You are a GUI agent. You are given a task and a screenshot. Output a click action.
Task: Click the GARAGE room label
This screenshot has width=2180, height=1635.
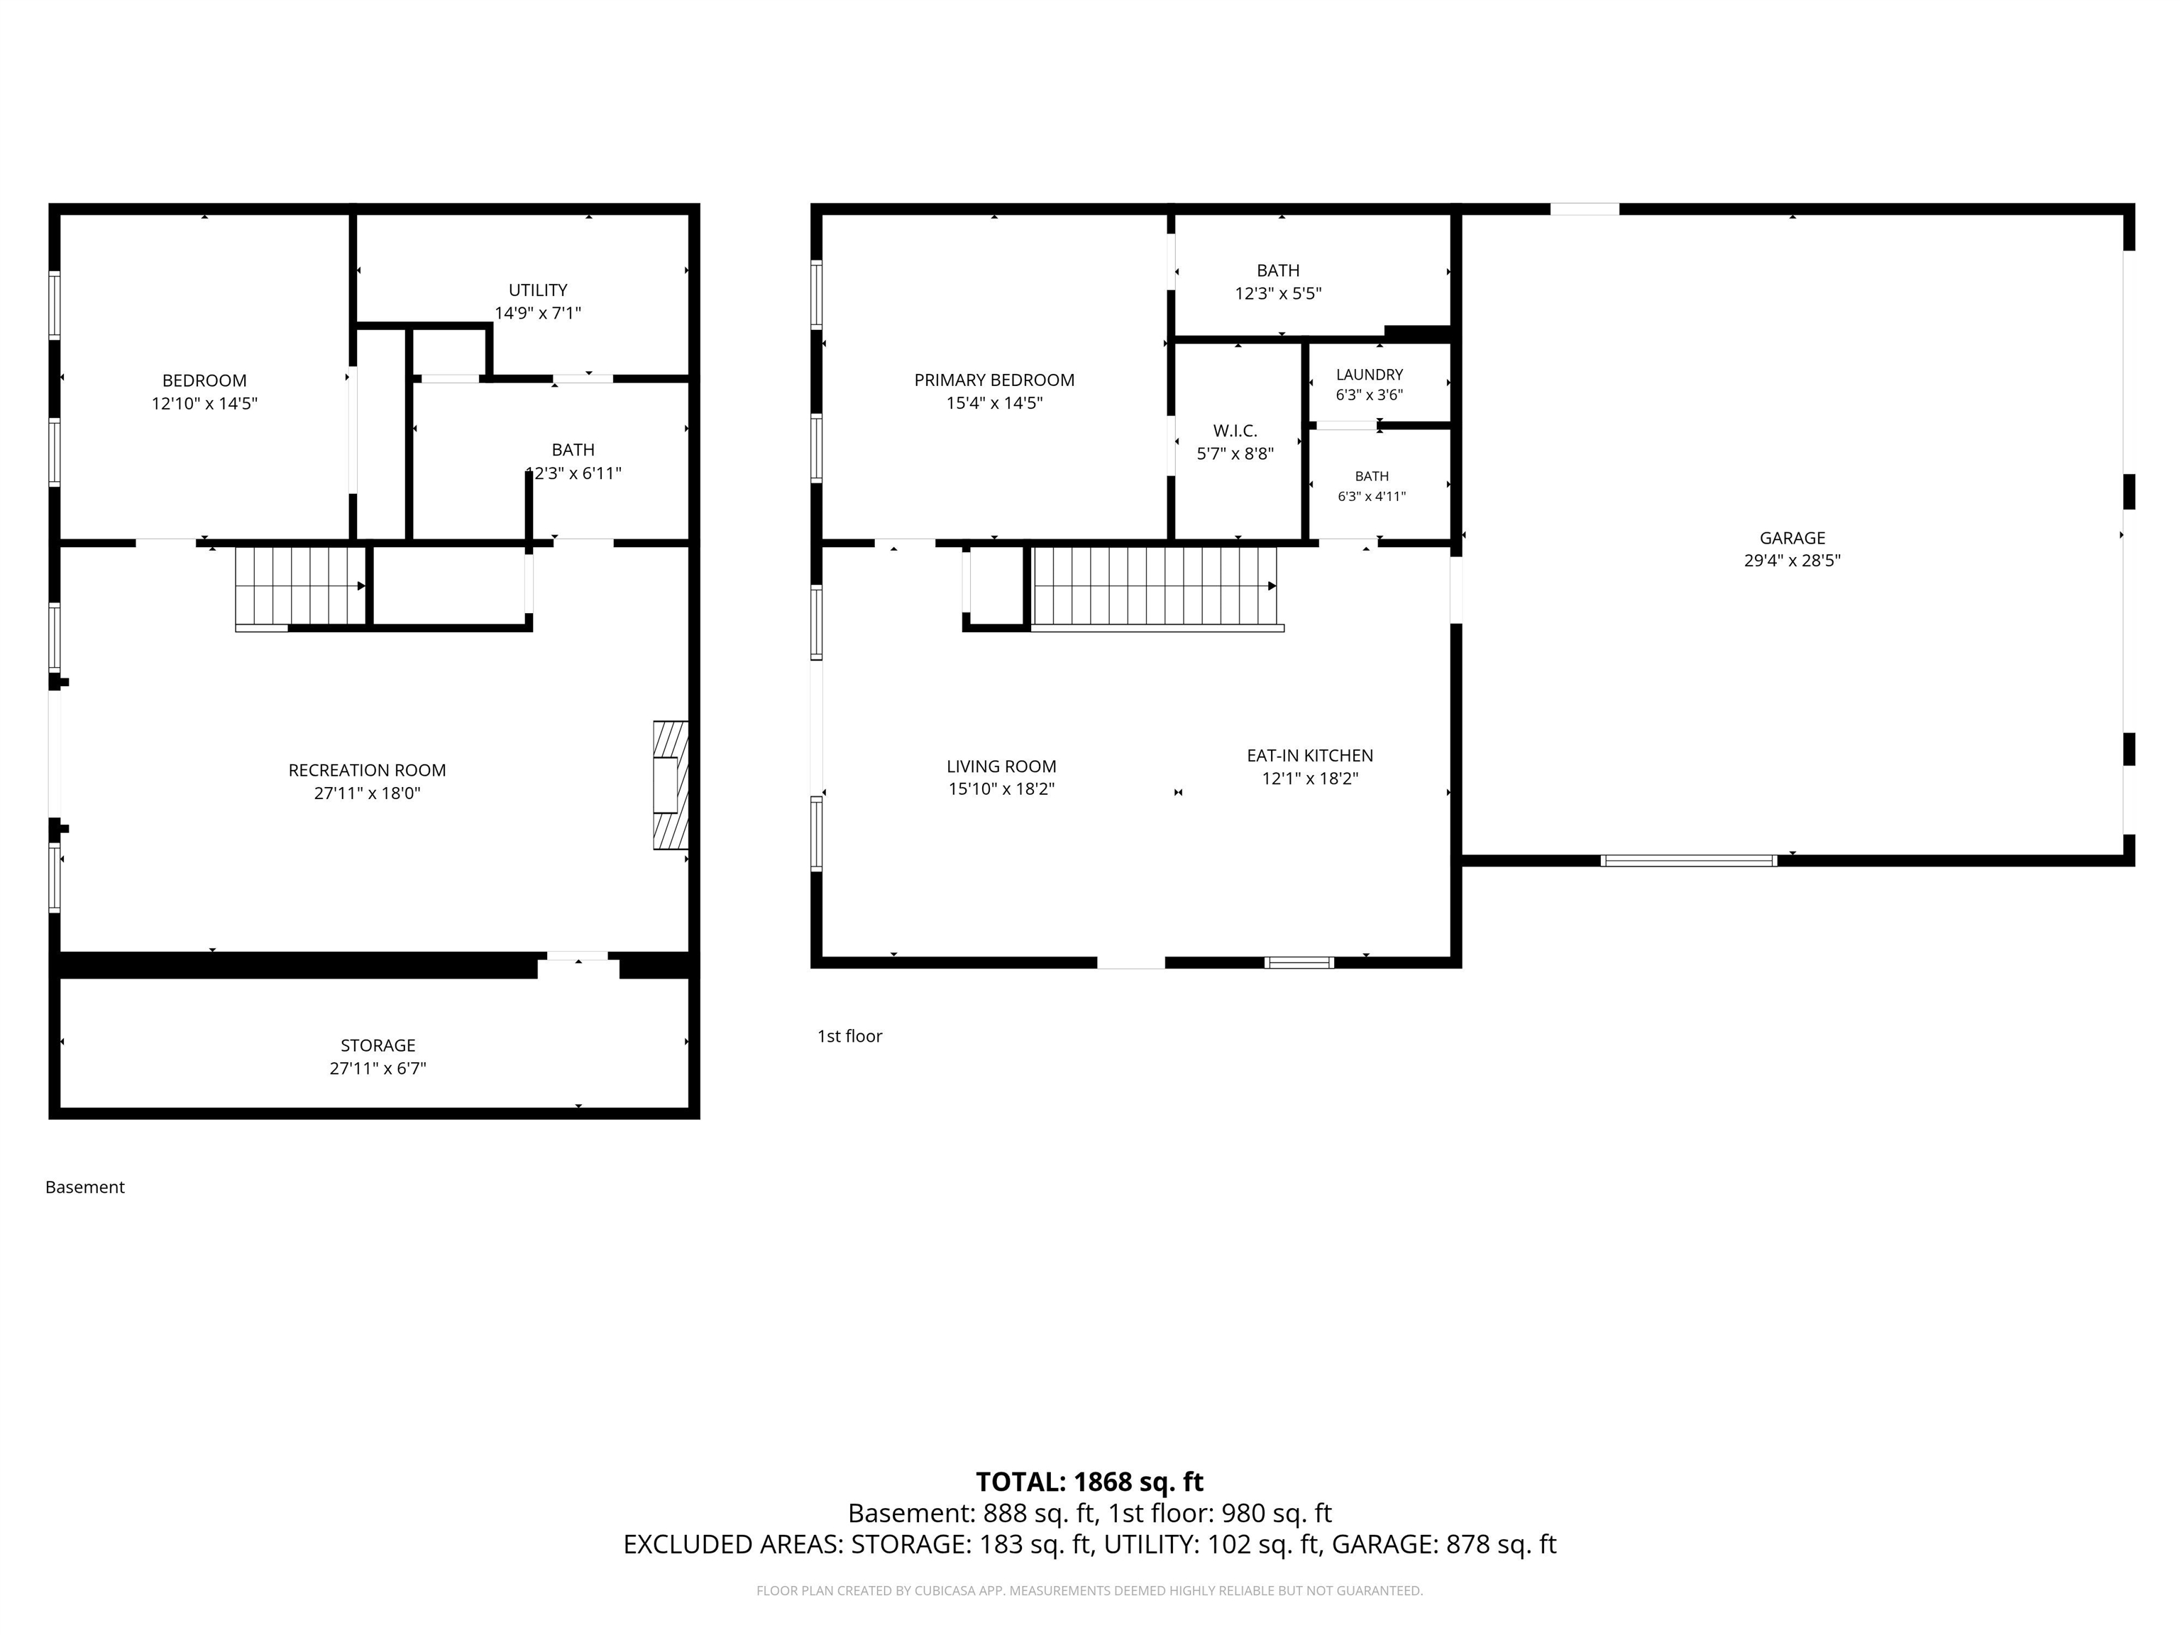[x=1792, y=538]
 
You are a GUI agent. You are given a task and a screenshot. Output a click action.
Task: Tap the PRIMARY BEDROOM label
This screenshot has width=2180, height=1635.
[x=994, y=380]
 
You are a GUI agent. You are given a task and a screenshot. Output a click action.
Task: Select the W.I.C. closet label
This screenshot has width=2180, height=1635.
[x=1235, y=431]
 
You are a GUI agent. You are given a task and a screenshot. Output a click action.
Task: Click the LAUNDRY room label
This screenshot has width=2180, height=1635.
[x=1369, y=375]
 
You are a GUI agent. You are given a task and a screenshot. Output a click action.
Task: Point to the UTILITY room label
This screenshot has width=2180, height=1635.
[x=537, y=290]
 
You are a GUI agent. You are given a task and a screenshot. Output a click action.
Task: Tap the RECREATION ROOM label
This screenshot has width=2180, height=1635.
[x=367, y=770]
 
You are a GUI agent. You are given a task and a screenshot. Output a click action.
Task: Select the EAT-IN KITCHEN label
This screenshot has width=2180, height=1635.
[x=1310, y=755]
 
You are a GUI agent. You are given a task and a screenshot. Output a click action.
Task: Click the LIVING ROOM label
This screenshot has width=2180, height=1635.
[x=1001, y=766]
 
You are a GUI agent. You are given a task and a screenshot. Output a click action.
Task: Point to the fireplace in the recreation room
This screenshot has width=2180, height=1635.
[x=670, y=786]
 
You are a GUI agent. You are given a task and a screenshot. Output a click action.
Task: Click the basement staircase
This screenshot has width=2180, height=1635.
[x=301, y=588]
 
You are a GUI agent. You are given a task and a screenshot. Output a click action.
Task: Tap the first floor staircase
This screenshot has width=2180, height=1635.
[x=1155, y=588]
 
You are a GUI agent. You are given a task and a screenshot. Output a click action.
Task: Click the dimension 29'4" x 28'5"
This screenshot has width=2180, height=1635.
[x=1792, y=561]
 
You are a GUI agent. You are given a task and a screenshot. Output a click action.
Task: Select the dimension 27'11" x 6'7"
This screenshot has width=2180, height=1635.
[x=378, y=1068]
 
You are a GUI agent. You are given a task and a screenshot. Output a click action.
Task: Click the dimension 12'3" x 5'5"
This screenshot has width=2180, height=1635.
[x=1277, y=294]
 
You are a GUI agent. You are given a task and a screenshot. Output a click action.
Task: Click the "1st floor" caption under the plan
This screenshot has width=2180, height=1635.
[x=849, y=1036]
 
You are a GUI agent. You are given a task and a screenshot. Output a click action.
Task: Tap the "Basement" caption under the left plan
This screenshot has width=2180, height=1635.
[x=84, y=1187]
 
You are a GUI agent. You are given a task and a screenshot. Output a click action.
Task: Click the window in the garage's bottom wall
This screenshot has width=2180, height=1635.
[x=1688, y=860]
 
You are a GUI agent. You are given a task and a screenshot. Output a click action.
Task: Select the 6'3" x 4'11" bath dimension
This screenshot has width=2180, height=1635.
[x=1371, y=497]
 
